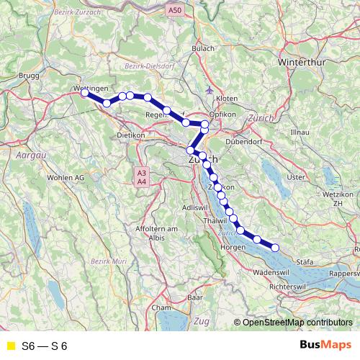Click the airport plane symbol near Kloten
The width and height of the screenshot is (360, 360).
(x=209, y=91)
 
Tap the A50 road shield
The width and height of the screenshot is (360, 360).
(x=174, y=10)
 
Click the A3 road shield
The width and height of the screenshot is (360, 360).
(x=142, y=173)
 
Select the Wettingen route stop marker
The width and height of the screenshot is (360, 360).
(x=85, y=92)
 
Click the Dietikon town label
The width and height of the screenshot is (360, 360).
(x=131, y=135)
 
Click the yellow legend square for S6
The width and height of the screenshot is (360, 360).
(x=10, y=346)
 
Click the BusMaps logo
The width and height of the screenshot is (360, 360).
(x=320, y=346)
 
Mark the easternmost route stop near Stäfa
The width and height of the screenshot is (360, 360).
(x=275, y=248)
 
